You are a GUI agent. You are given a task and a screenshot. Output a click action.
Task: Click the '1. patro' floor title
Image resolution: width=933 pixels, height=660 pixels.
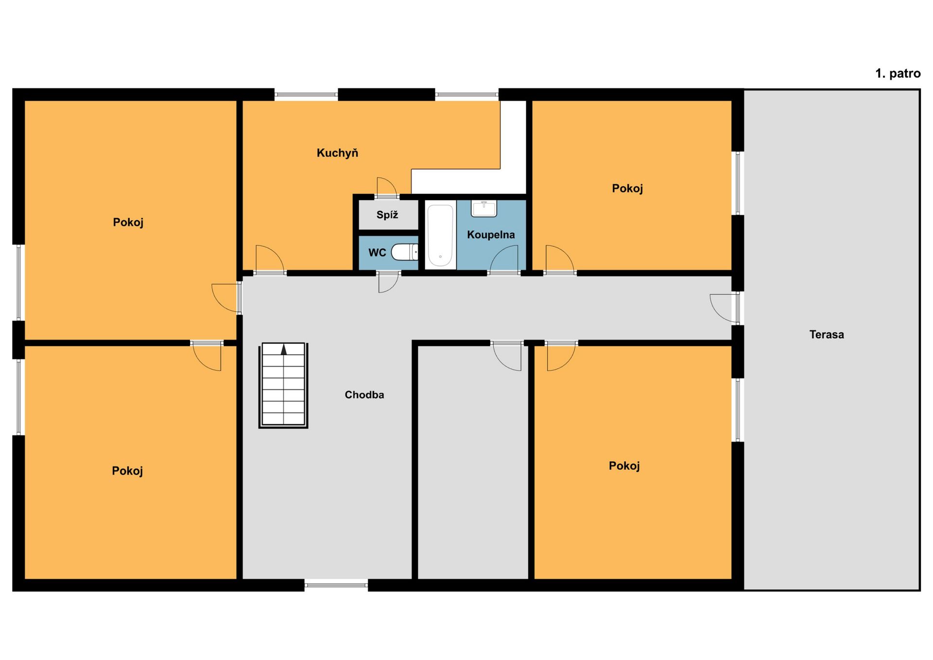898,73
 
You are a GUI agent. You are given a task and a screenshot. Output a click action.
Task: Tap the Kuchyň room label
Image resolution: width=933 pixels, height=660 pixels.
337,153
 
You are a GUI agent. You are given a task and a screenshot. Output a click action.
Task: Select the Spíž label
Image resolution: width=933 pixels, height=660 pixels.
387,215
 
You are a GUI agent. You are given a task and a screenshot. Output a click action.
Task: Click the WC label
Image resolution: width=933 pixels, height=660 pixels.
377,253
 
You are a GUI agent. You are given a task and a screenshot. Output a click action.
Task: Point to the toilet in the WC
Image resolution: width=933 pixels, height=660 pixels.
405,252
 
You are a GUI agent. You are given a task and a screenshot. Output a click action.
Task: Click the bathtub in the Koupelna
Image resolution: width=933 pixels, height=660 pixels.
440,235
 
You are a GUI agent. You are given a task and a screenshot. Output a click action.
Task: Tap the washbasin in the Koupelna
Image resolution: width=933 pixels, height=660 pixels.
484,209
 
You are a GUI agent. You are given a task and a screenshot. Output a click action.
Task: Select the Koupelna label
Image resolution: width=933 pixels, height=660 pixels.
491,235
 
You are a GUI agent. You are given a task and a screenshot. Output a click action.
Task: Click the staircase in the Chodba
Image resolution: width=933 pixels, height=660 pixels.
284,385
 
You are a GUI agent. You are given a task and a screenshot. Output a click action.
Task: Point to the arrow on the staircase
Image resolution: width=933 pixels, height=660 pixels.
284,349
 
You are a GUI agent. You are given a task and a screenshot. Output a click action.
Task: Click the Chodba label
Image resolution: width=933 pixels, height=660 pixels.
364,395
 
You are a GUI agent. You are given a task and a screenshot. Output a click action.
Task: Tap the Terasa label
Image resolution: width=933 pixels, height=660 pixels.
827,334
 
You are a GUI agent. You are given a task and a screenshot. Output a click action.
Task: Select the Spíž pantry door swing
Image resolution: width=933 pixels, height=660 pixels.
387,188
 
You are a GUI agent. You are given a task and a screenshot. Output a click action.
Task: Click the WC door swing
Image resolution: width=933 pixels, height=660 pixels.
388,282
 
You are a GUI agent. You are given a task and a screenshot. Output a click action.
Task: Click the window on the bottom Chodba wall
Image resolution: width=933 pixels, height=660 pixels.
336,585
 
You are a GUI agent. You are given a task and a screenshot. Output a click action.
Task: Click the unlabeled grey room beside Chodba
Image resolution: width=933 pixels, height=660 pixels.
473,462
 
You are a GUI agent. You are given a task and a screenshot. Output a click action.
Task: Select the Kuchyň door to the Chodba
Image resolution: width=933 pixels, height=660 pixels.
270,260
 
